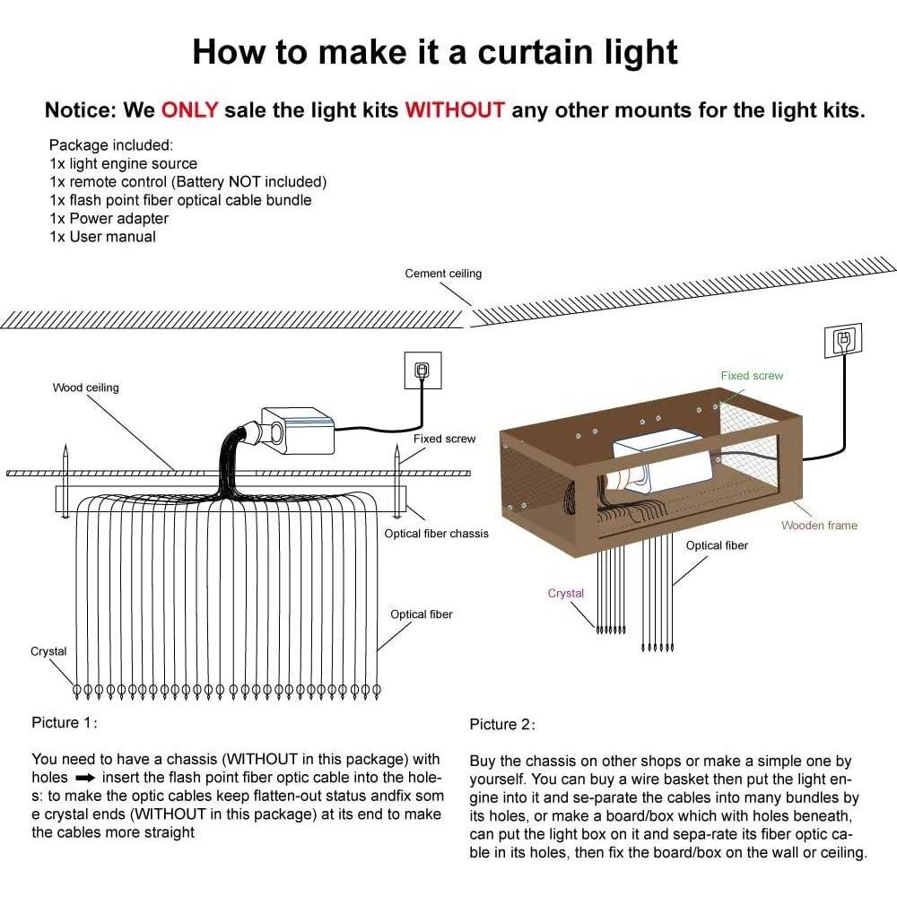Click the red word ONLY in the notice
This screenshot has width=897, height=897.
pos(189,110)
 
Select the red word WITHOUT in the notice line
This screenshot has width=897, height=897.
pos(455,110)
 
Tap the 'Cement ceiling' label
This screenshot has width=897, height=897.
pos(443,274)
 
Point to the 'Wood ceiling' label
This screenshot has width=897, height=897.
pos(85,388)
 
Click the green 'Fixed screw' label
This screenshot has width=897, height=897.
pos(752,376)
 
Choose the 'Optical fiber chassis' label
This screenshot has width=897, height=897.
pos(436,534)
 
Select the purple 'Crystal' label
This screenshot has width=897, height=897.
pos(565,593)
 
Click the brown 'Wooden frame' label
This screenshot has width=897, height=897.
pos(819,525)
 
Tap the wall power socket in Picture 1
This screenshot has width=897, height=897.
pos(421,370)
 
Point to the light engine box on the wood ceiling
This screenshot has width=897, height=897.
pos(299,427)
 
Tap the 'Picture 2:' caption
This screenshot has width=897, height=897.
pos(502,724)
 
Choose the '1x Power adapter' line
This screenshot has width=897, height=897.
pos(109,218)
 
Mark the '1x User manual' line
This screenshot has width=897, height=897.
pos(102,237)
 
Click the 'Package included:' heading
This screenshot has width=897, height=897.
pos(111,144)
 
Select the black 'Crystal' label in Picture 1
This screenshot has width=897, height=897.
pos(48,651)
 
